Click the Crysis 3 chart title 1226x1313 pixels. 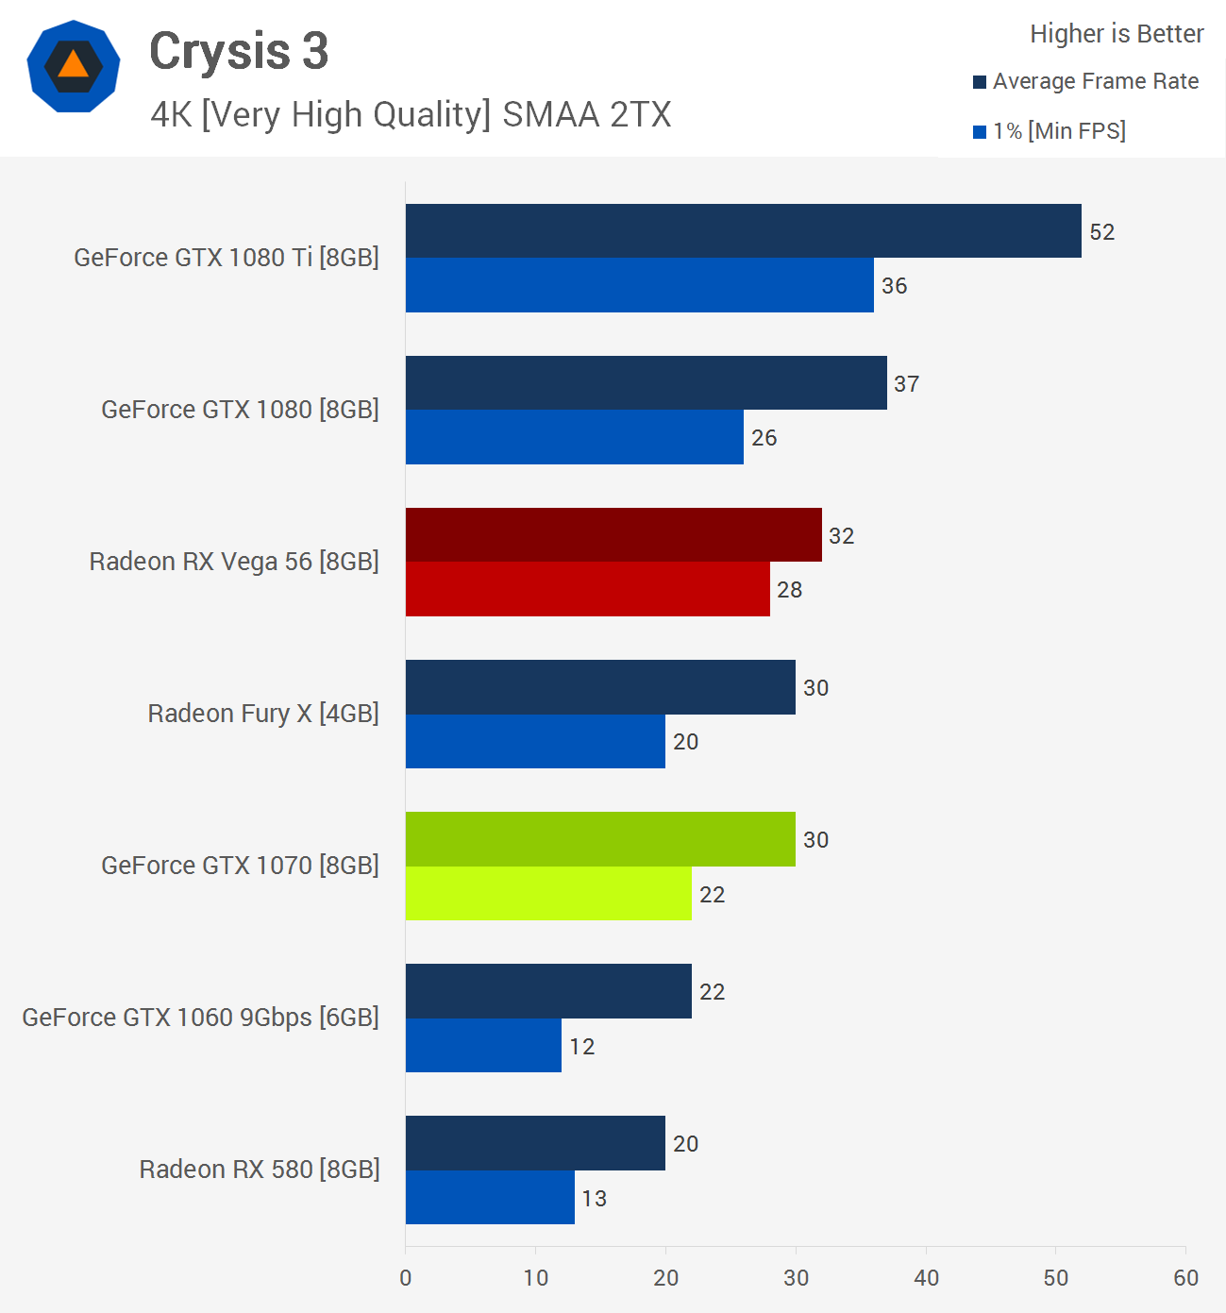pyautogui.click(x=239, y=51)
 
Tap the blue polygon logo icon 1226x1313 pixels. pyautogui.click(x=74, y=66)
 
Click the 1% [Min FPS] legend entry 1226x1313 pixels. pyautogui.click(x=1050, y=131)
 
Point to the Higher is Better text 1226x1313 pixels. pyautogui.click(x=1117, y=34)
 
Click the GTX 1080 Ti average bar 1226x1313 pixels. pyautogui.click(x=743, y=231)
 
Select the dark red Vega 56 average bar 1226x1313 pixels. pyautogui.click(x=613, y=535)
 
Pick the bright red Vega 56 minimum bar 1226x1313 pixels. pyautogui.click(x=587, y=589)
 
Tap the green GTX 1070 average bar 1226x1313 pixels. pyautogui.click(x=600, y=839)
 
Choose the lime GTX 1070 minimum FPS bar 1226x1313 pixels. pyautogui.click(x=548, y=893)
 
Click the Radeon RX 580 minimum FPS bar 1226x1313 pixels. pyautogui.click(x=490, y=1197)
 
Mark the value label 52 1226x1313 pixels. pyautogui.click(x=1101, y=232)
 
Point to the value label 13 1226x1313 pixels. pyautogui.click(x=594, y=1198)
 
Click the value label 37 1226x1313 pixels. pyautogui.click(x=906, y=384)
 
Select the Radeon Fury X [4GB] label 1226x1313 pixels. pyautogui.click(x=263, y=714)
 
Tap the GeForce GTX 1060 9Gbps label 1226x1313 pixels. pyautogui.click(x=200, y=1018)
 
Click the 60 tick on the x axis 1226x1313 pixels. pyautogui.click(x=1185, y=1278)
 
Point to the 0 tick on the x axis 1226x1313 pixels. pyautogui.click(x=406, y=1278)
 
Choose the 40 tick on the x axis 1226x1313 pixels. pyautogui.click(x=926, y=1278)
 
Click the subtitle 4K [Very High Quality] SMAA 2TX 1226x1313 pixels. pyautogui.click(x=411, y=115)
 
